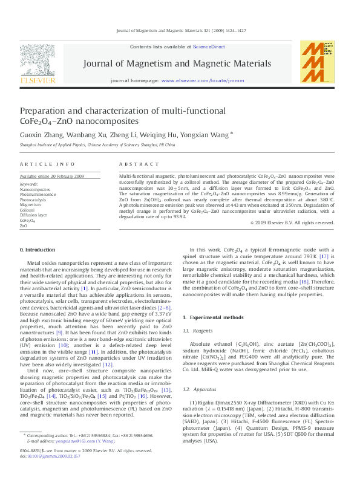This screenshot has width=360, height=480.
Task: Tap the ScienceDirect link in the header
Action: coord(209,47)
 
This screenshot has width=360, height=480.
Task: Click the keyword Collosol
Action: coord(28,210)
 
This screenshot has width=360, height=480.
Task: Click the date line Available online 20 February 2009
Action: coord(52,176)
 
